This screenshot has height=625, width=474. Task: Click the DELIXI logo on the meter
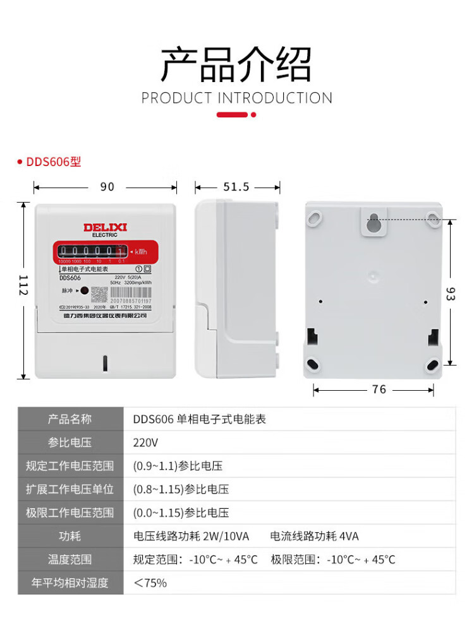[x=106, y=227]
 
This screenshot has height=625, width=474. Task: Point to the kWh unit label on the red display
[x=140, y=252]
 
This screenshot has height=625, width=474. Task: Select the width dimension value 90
[x=107, y=187]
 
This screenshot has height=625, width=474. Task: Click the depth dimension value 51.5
[x=236, y=187]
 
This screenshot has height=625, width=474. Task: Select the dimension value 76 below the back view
[x=379, y=390]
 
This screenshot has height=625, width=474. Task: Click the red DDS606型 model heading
[x=53, y=162]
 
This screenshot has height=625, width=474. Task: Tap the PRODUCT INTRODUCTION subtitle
[x=237, y=98]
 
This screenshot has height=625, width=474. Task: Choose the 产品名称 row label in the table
[x=70, y=419]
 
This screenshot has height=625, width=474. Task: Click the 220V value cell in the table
[x=146, y=443]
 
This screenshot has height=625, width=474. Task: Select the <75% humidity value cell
[x=150, y=583]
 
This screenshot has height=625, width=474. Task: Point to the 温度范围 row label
[x=70, y=559]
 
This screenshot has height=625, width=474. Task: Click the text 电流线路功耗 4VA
[x=314, y=536]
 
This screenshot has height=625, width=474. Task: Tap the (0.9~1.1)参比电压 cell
[x=178, y=466]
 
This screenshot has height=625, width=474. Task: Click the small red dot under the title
[x=253, y=115]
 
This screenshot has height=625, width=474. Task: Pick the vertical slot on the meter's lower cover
[x=105, y=362]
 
